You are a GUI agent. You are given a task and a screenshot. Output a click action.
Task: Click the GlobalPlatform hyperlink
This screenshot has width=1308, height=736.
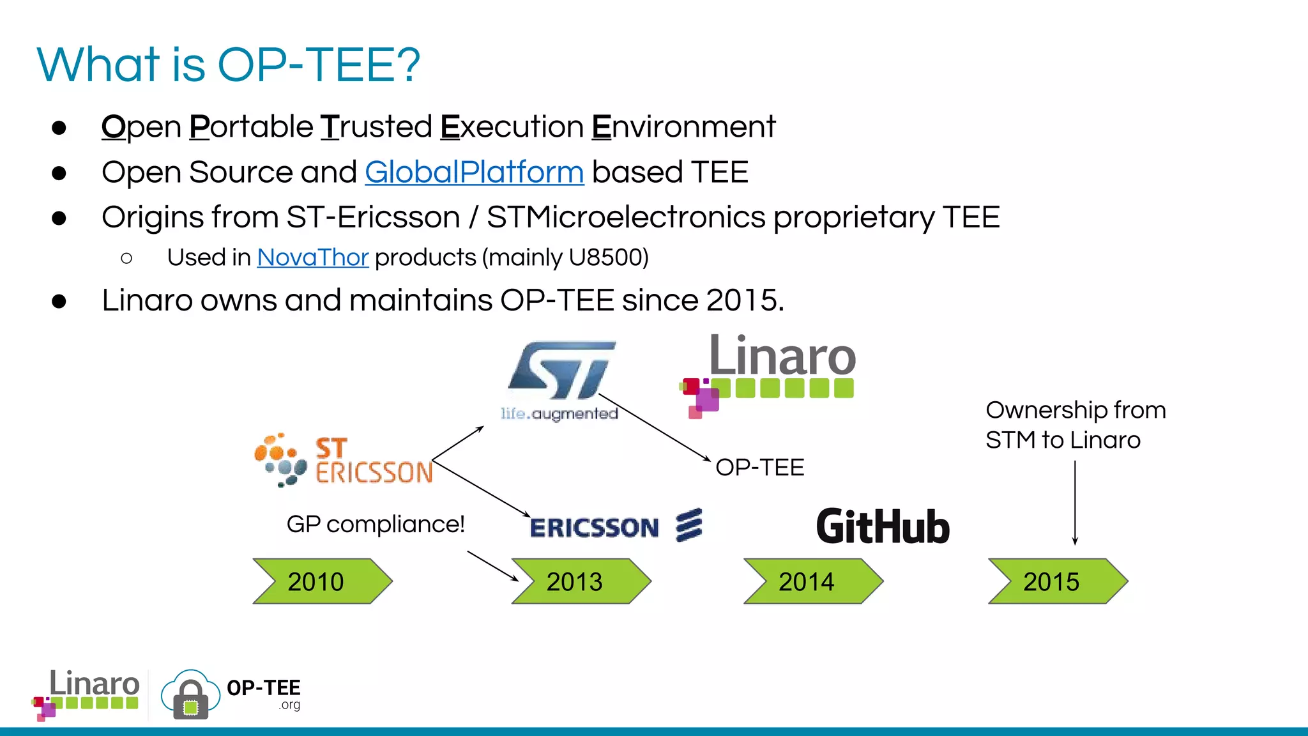coord(474,172)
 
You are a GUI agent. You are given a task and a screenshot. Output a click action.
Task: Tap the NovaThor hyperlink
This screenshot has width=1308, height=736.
coord(312,257)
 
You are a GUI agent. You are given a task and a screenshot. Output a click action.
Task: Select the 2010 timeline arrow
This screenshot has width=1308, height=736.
coord(322,581)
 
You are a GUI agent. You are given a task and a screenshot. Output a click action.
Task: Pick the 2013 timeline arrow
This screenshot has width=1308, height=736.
coord(581,581)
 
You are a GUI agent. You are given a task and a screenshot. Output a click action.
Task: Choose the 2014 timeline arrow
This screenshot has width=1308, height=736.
coord(812,581)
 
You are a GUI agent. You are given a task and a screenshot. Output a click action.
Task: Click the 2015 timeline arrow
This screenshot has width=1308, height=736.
coord(1057,581)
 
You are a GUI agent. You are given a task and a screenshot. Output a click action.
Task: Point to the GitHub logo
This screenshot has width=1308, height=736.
coord(883,527)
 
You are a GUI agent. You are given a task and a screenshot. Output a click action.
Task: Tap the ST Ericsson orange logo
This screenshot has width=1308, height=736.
coord(344,460)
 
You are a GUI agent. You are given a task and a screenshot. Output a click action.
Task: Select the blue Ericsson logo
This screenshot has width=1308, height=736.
coord(616,526)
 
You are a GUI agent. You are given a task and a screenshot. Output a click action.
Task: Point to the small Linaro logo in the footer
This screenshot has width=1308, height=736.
coord(86,694)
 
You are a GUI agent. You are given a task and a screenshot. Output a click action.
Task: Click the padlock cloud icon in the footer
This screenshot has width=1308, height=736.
coord(190,695)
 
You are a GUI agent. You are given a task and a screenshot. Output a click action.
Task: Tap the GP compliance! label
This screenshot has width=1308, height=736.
coord(375,525)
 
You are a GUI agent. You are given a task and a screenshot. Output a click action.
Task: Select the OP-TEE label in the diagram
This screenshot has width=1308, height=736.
coord(759,467)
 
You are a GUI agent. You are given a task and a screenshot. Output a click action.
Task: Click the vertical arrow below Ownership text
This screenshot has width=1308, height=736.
coord(1075,502)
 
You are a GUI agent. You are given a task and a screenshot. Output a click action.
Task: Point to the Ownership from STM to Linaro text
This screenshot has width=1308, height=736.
coord(1075,425)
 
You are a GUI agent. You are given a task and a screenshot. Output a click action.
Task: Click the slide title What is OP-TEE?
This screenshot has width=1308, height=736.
coord(228,65)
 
